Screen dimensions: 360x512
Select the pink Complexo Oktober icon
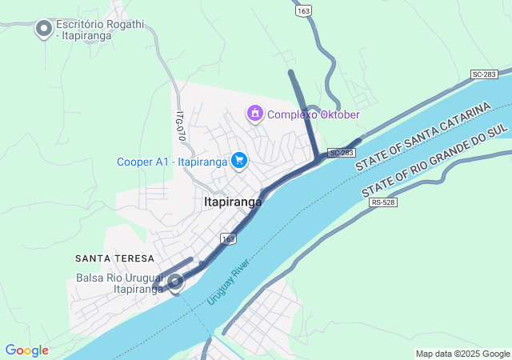pos(255,114)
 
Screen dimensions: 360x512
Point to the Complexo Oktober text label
pos(314,114)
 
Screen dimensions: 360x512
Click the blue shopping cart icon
pos(238,161)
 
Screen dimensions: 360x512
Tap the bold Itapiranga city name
pos(233,202)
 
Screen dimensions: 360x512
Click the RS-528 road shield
pos(384,202)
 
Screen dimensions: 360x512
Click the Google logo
pos(26,350)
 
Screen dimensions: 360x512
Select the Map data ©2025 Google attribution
pos(462,354)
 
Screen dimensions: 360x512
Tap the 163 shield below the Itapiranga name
pos(230,238)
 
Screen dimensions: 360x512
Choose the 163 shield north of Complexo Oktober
pos(303,11)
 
